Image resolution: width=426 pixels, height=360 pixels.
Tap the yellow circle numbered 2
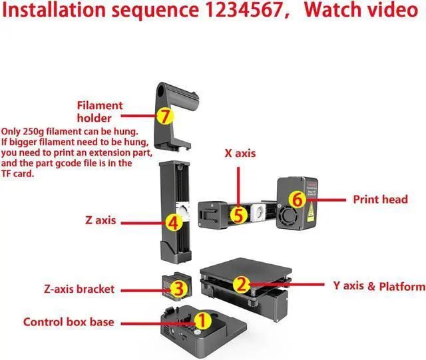tap(243, 285)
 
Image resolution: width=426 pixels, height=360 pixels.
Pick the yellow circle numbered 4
tap(172, 222)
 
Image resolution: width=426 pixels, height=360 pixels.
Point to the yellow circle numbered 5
tap(238, 215)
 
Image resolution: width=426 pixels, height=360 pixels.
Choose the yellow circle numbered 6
tap(298, 198)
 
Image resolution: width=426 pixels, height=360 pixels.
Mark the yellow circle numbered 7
tap(165, 115)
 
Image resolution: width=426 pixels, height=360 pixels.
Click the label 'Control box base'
tap(69, 322)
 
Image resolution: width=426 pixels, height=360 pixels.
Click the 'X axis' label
tap(239, 154)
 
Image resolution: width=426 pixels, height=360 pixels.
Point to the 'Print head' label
tap(380, 199)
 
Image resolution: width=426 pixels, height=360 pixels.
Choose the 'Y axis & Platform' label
tap(379, 286)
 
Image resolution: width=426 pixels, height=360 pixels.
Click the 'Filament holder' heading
tap(100, 111)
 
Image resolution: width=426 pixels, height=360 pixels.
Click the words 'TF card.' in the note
tap(23, 174)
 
